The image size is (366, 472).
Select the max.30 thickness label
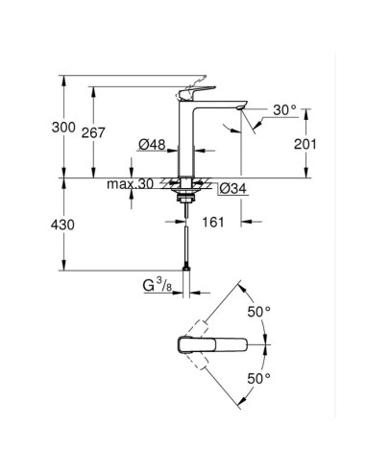(x=131, y=183)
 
